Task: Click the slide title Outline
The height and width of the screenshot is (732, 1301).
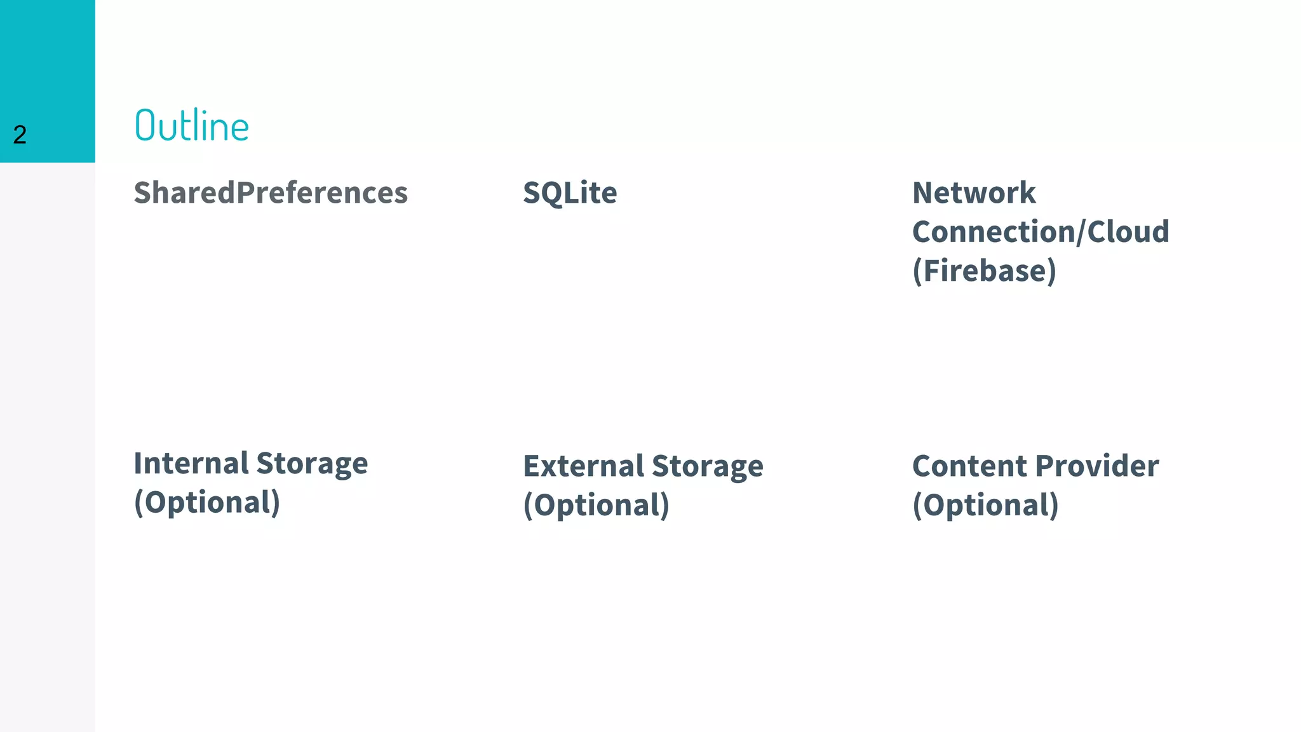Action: point(192,125)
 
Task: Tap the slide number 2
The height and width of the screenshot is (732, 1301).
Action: point(20,135)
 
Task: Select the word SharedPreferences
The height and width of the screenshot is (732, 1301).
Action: point(271,193)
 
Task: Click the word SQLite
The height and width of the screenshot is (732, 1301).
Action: point(570,193)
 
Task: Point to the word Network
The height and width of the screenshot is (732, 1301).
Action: point(974,193)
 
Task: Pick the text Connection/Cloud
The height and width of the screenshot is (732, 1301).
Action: point(1041,231)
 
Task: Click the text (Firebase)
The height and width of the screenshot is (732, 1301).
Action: point(984,271)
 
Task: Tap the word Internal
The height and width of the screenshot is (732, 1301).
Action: point(191,463)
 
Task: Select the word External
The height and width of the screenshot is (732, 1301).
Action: point(583,466)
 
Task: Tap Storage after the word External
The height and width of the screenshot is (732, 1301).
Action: point(708,467)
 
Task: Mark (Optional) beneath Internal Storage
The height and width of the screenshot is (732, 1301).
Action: point(206,503)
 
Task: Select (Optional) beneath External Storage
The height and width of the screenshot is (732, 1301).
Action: point(596,505)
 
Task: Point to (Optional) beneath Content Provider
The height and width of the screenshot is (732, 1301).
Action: point(985,505)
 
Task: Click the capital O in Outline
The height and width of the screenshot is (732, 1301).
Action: point(145,125)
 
